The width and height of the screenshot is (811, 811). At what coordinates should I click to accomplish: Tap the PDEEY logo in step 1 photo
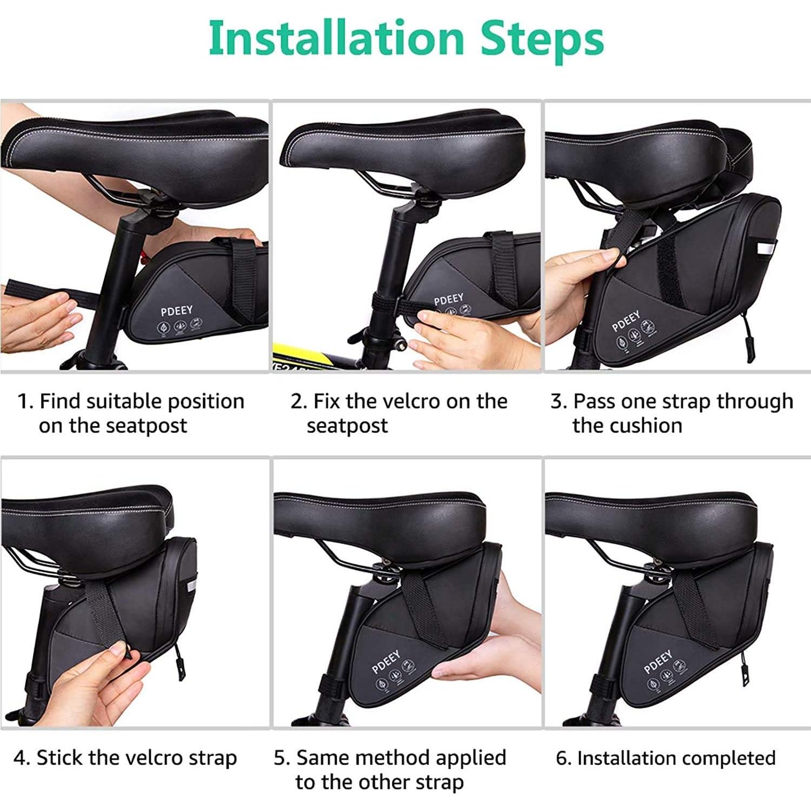(176, 311)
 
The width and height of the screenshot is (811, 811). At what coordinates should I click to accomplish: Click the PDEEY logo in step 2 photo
(448, 300)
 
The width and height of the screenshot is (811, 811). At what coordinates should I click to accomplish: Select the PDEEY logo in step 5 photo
(386, 662)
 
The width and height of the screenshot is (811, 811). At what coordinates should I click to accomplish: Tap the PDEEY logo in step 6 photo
(658, 662)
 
